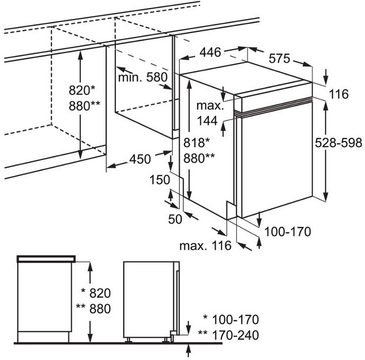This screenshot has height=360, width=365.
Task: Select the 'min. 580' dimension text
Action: tap(143, 77)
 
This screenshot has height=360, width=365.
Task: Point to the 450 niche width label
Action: tap(140, 159)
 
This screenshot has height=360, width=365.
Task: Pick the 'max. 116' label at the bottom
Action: tap(205, 246)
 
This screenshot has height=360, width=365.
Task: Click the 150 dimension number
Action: tap(160, 180)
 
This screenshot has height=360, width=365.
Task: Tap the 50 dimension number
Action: tap(176, 219)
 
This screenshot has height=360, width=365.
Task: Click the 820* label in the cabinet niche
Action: tap(82, 90)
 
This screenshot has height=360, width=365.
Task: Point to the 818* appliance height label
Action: tap(197, 142)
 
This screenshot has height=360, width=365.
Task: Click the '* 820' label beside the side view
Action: tap(95, 293)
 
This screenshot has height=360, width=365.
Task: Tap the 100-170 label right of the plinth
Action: tap(287, 232)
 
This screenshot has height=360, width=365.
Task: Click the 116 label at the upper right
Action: tap(339, 94)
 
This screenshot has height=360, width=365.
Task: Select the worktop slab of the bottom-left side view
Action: tap(47, 259)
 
